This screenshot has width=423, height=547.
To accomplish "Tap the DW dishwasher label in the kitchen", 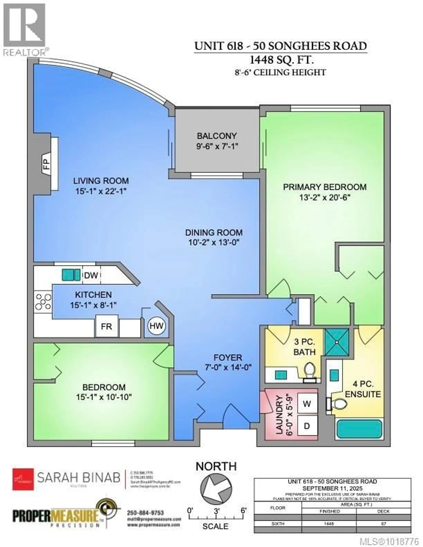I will [91, 276].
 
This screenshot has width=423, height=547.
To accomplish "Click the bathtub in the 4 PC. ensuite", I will [359, 428].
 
